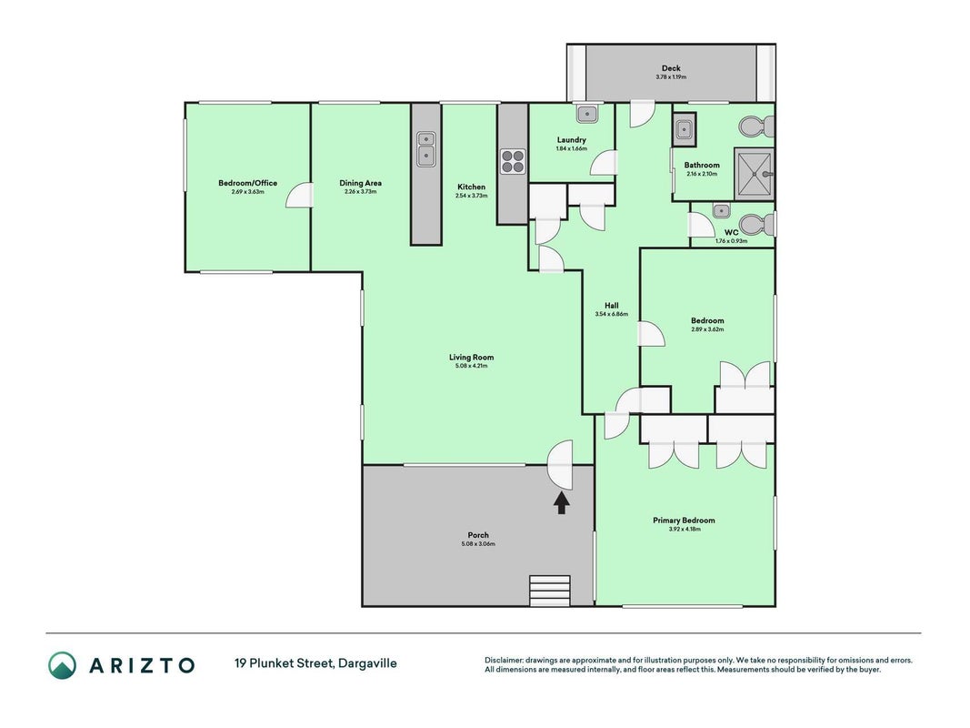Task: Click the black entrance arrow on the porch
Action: (x=561, y=502)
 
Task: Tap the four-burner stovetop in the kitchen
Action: (x=513, y=162)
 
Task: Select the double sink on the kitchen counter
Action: (x=426, y=148)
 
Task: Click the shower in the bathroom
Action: (x=755, y=174)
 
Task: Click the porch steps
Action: (x=550, y=591)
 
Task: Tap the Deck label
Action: (x=671, y=68)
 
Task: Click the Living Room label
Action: (x=472, y=358)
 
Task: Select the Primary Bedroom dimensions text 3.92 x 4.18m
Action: (x=685, y=530)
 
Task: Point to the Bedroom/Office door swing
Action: (x=299, y=195)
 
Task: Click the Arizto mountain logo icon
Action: (x=63, y=665)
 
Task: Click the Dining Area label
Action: (x=361, y=183)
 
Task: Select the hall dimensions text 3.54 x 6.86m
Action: (x=612, y=315)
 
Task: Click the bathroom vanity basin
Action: (x=685, y=130)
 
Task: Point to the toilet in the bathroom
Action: (x=756, y=126)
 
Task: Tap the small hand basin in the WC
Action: (x=721, y=211)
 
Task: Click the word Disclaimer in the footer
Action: (x=504, y=661)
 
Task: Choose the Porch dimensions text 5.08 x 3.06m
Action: (x=478, y=544)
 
